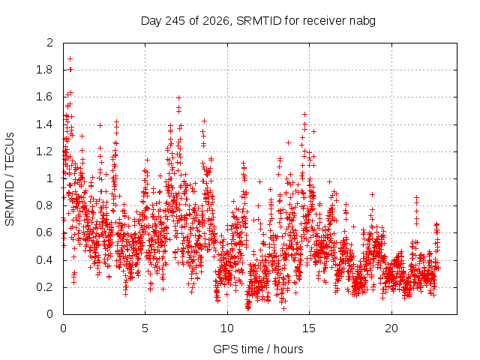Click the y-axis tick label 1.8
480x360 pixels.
coord(44,70)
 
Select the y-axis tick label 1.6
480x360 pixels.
coord(44,97)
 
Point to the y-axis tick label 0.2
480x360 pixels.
coord(44,287)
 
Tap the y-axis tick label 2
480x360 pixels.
coord(50,43)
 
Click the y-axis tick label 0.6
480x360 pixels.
coord(44,233)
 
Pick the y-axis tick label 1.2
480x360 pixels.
coord(44,151)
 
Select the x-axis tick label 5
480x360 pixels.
coord(145,328)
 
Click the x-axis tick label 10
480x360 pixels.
coord(227,328)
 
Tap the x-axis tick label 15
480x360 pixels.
coord(309,328)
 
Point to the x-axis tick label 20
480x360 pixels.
coord(391,328)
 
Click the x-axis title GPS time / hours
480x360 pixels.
coord(258,349)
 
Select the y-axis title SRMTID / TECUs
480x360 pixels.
coord(10,179)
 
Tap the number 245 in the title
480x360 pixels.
coord(175,21)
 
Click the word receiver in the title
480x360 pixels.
coord(325,21)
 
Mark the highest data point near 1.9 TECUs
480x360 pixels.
coord(70,58)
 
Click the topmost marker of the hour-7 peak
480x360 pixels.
coord(178,98)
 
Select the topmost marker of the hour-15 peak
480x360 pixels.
coord(304,115)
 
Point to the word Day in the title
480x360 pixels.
coord(151,22)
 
